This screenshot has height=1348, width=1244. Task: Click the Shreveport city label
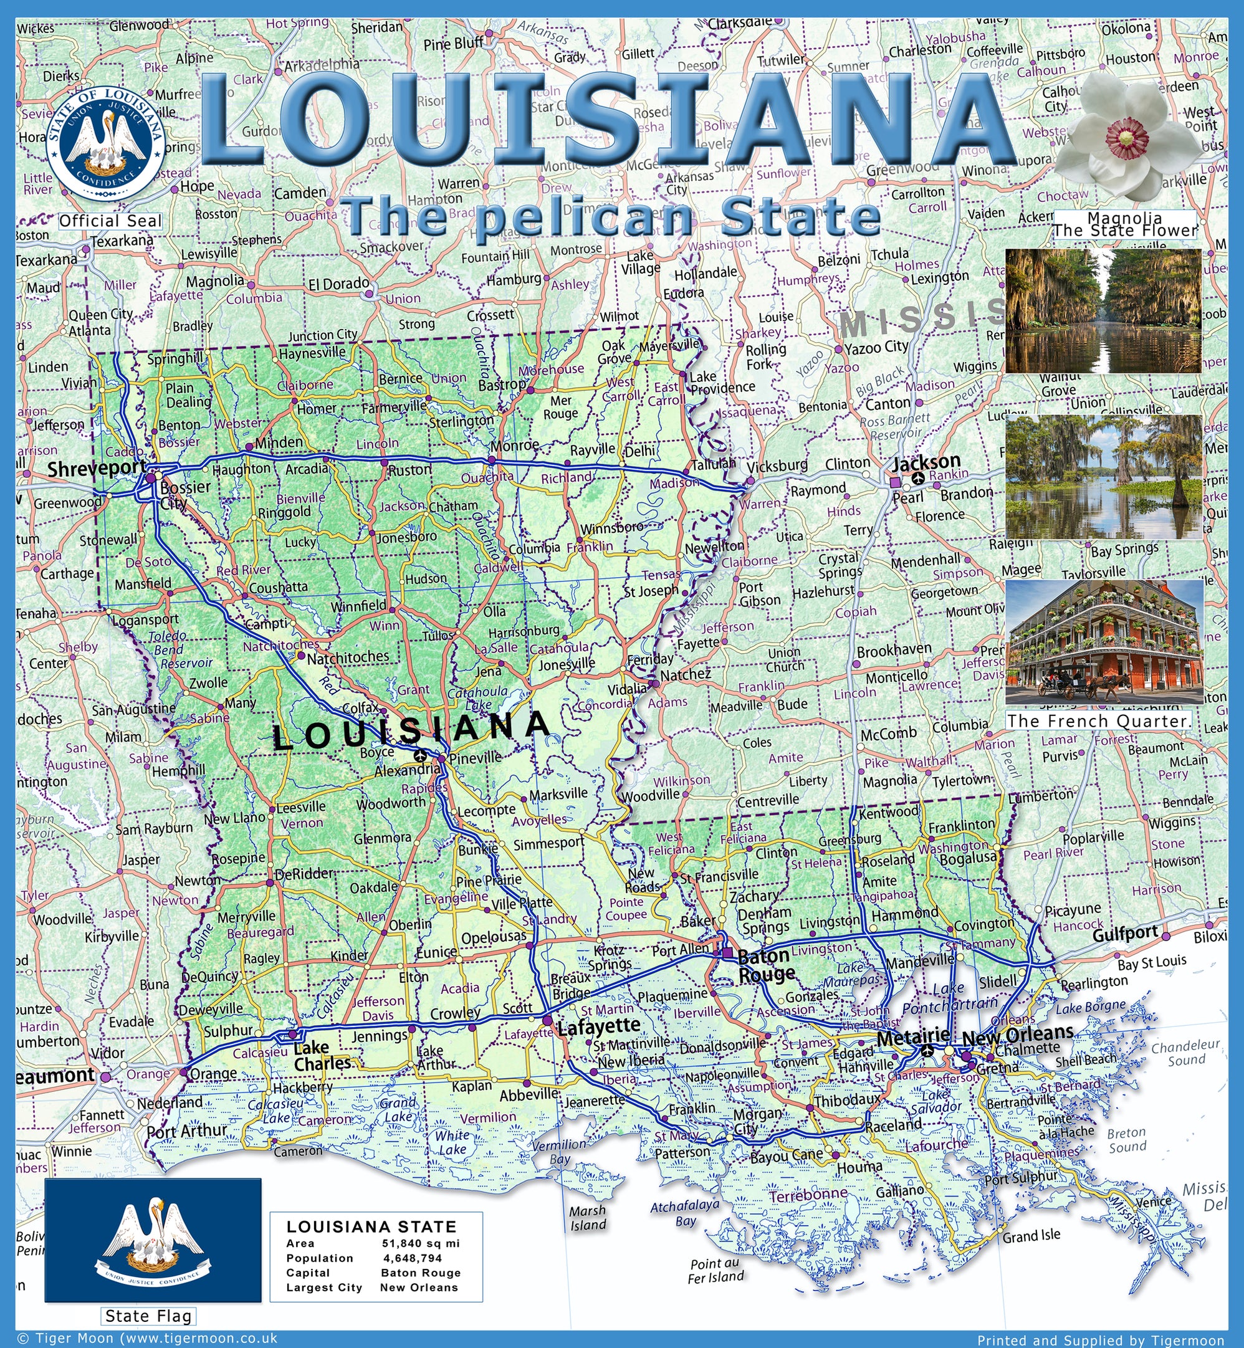point(96,469)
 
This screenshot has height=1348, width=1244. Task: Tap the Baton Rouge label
point(766,965)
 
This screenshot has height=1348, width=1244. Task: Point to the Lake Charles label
point(322,1055)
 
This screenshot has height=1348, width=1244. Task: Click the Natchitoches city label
point(347,656)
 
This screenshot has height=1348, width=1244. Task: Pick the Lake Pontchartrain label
point(950,997)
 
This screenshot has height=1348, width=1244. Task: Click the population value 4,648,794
point(413,1258)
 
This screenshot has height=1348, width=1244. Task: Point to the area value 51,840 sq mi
point(421,1243)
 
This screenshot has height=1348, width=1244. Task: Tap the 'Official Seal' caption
point(110,221)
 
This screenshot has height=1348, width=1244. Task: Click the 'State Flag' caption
point(148,1316)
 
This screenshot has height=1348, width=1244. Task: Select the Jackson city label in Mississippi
point(926,462)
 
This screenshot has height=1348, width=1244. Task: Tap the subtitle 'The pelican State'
point(613,217)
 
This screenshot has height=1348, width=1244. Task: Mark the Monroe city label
point(514,445)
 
